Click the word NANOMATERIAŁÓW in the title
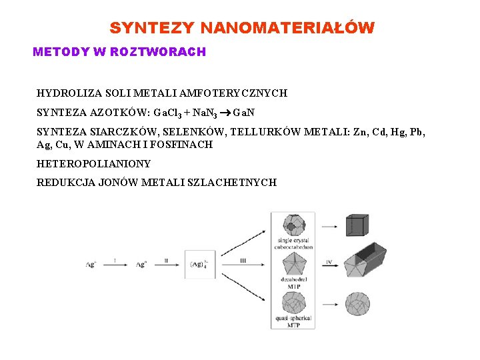[287, 28]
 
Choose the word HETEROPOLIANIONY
[93, 163]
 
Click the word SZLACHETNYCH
[237, 182]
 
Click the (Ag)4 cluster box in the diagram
[199, 265]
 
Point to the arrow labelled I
[115, 265]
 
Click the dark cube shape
[357, 225]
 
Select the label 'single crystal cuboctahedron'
[293, 243]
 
